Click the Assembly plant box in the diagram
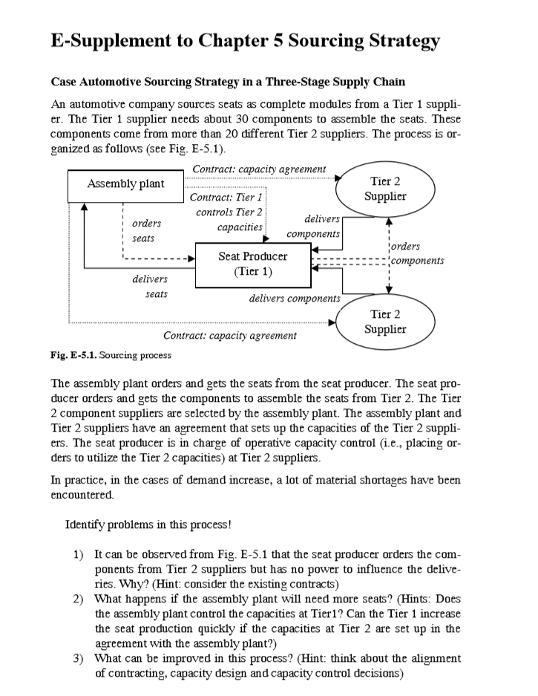tap(125, 184)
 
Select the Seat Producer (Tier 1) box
tap(252, 264)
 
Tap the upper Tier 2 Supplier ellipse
tap(385, 189)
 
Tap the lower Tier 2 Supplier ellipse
tap(385, 322)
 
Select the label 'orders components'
tap(416, 253)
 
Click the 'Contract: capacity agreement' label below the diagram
tap(229, 336)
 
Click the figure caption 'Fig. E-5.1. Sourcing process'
tap(111, 355)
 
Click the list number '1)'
tap(78, 556)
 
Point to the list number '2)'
tap(78, 599)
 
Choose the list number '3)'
tap(78, 658)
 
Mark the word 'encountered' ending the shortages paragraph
tap(81, 494)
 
